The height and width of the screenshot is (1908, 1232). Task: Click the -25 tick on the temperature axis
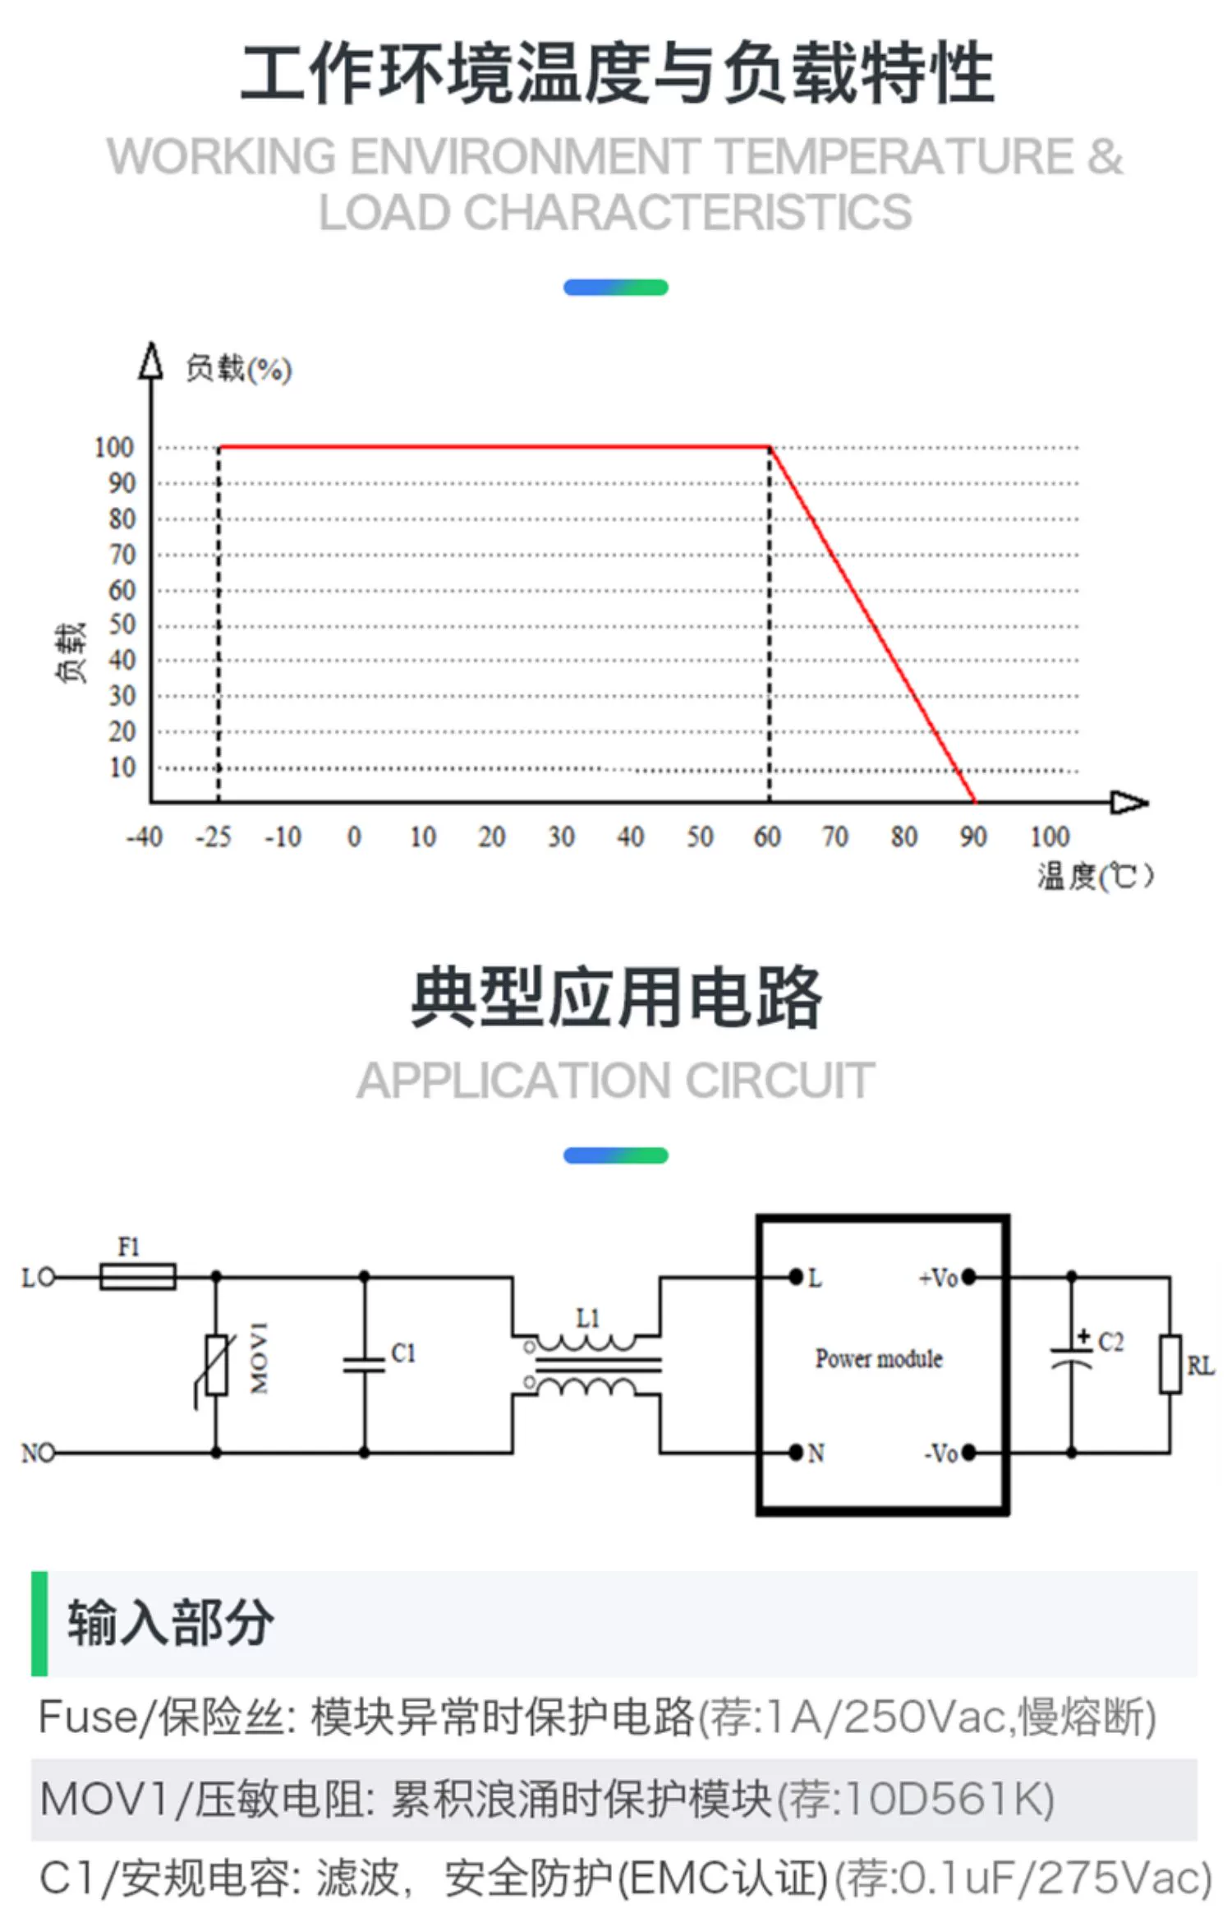click(214, 836)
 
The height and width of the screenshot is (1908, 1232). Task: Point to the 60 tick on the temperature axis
click(767, 836)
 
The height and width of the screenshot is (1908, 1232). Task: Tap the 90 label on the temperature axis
click(973, 836)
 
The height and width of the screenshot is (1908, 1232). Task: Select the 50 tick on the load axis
click(122, 624)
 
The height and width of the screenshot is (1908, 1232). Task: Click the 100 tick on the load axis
click(113, 448)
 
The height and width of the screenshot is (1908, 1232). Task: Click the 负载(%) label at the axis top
click(238, 369)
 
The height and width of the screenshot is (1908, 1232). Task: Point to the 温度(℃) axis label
click(1095, 876)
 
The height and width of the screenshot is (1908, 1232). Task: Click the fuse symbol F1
click(137, 1276)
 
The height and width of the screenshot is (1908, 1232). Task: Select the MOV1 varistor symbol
click(217, 1365)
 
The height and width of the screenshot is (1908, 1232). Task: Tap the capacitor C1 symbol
click(364, 1365)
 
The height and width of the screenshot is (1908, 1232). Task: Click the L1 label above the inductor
click(588, 1318)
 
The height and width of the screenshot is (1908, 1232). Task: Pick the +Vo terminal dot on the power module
click(969, 1277)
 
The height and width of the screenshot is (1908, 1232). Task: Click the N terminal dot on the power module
click(795, 1452)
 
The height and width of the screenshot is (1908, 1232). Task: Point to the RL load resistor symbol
click(1170, 1365)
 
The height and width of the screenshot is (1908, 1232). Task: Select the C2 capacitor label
click(1110, 1342)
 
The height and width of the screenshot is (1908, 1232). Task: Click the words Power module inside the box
click(879, 1359)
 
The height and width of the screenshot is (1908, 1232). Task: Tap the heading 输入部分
click(171, 1624)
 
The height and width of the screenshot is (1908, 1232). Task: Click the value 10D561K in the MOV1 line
click(944, 1799)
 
